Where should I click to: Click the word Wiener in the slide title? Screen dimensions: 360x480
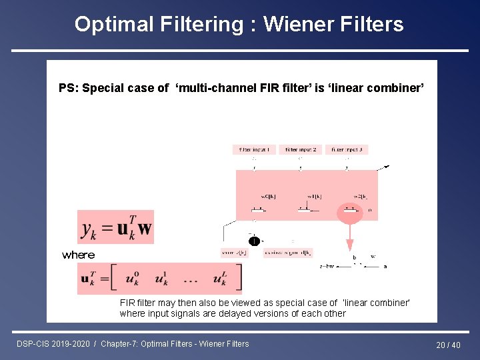(x=298, y=25)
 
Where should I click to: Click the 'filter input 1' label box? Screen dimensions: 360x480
(x=253, y=150)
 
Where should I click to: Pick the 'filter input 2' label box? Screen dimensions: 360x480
(x=300, y=150)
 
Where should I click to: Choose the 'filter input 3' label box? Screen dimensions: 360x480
(x=347, y=150)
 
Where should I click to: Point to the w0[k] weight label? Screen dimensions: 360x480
(x=268, y=197)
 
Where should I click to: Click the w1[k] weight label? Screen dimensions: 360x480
(x=315, y=197)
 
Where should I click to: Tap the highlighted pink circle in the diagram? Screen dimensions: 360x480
(x=350, y=213)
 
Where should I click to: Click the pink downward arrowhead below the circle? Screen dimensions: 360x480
(x=350, y=245)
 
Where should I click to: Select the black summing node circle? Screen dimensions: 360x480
(x=254, y=241)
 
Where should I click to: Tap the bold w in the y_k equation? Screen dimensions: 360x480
(x=145, y=229)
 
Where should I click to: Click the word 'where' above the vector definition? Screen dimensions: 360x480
(x=78, y=255)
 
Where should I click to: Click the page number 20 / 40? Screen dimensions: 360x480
(x=448, y=345)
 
